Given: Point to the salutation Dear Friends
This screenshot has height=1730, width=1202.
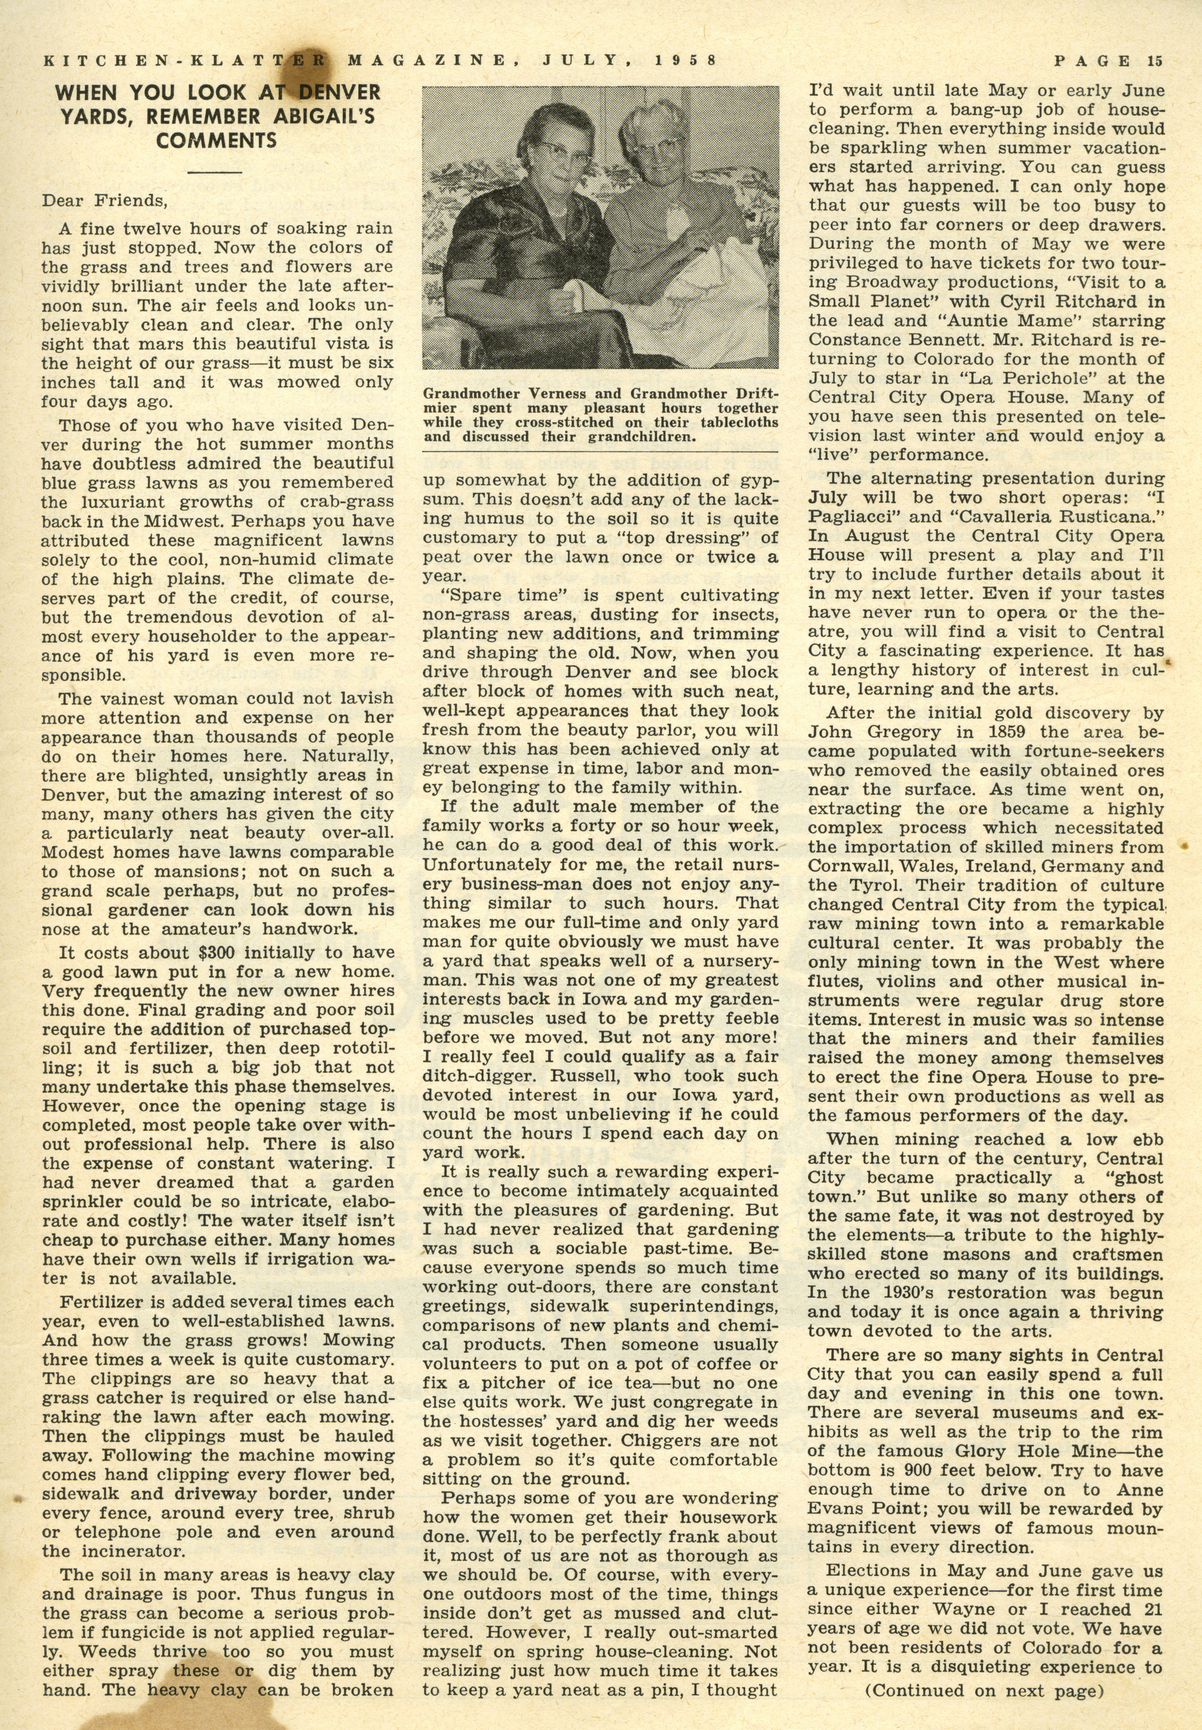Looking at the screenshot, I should tap(103, 201).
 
